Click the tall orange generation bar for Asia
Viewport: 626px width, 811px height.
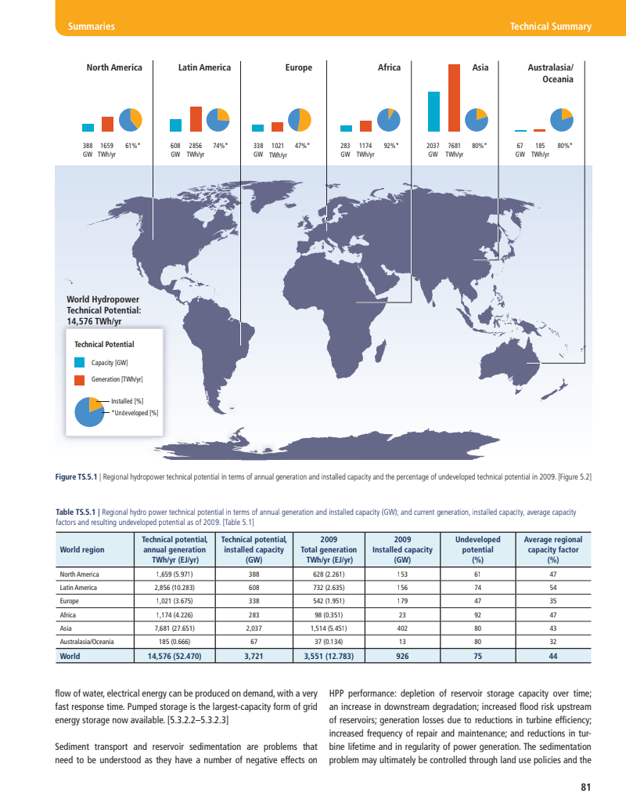pyautogui.click(x=453, y=97)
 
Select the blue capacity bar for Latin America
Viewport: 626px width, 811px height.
pyautogui.click(x=175, y=125)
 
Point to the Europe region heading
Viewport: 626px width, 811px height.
pyautogui.click(x=299, y=68)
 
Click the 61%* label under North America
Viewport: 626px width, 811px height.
pyautogui.click(x=132, y=145)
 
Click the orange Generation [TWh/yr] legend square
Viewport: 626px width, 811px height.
pyautogui.click(x=79, y=380)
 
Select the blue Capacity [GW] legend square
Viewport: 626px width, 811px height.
pyautogui.click(x=79, y=363)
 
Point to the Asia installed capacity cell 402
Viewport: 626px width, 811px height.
pyautogui.click(x=402, y=628)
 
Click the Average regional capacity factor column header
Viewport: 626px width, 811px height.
pyautogui.click(x=552, y=550)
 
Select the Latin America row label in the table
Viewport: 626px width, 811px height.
pyautogui.click(x=78, y=588)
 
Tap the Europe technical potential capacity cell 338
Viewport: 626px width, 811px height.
pyautogui.click(x=253, y=601)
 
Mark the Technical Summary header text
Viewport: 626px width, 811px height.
pyautogui.click(x=550, y=27)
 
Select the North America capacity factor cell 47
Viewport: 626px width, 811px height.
pyautogui.click(x=552, y=574)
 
